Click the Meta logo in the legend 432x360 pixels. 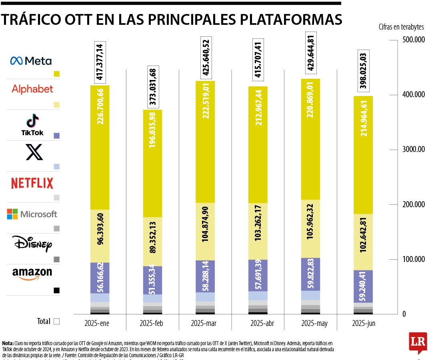click(x=31, y=61)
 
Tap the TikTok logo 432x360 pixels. click(x=32, y=124)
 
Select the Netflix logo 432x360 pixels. click(x=32, y=184)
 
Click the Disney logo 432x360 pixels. click(x=32, y=244)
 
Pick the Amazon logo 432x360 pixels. click(x=32, y=274)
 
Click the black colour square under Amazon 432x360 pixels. click(x=56, y=290)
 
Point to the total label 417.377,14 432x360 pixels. click(x=100, y=62)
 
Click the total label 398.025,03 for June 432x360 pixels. click(x=363, y=72)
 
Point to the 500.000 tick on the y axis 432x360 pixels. click(x=412, y=40)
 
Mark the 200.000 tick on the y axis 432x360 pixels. click(x=412, y=205)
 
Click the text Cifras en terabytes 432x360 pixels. click(x=401, y=27)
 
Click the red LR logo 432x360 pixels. click(x=418, y=342)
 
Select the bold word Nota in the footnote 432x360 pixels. click(x=8, y=343)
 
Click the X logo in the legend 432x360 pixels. click(x=34, y=152)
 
